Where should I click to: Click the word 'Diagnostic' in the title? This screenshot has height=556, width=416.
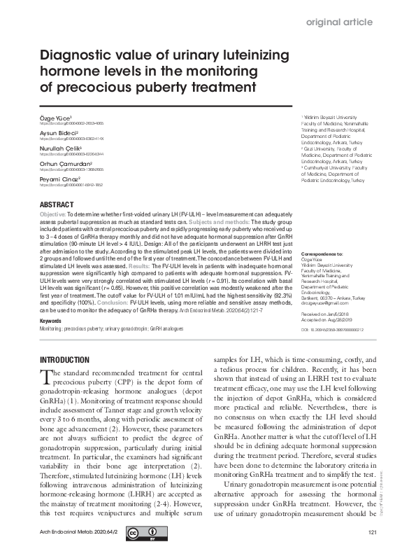pos(80,56)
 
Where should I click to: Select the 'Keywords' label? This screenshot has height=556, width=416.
pos(52,321)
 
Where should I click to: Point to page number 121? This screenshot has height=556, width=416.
pos(372,534)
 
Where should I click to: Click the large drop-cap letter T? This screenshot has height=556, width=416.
pos(46,377)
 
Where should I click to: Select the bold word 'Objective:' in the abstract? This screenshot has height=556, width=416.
pos(53,213)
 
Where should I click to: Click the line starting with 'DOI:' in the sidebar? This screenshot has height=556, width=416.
pos(332,328)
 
